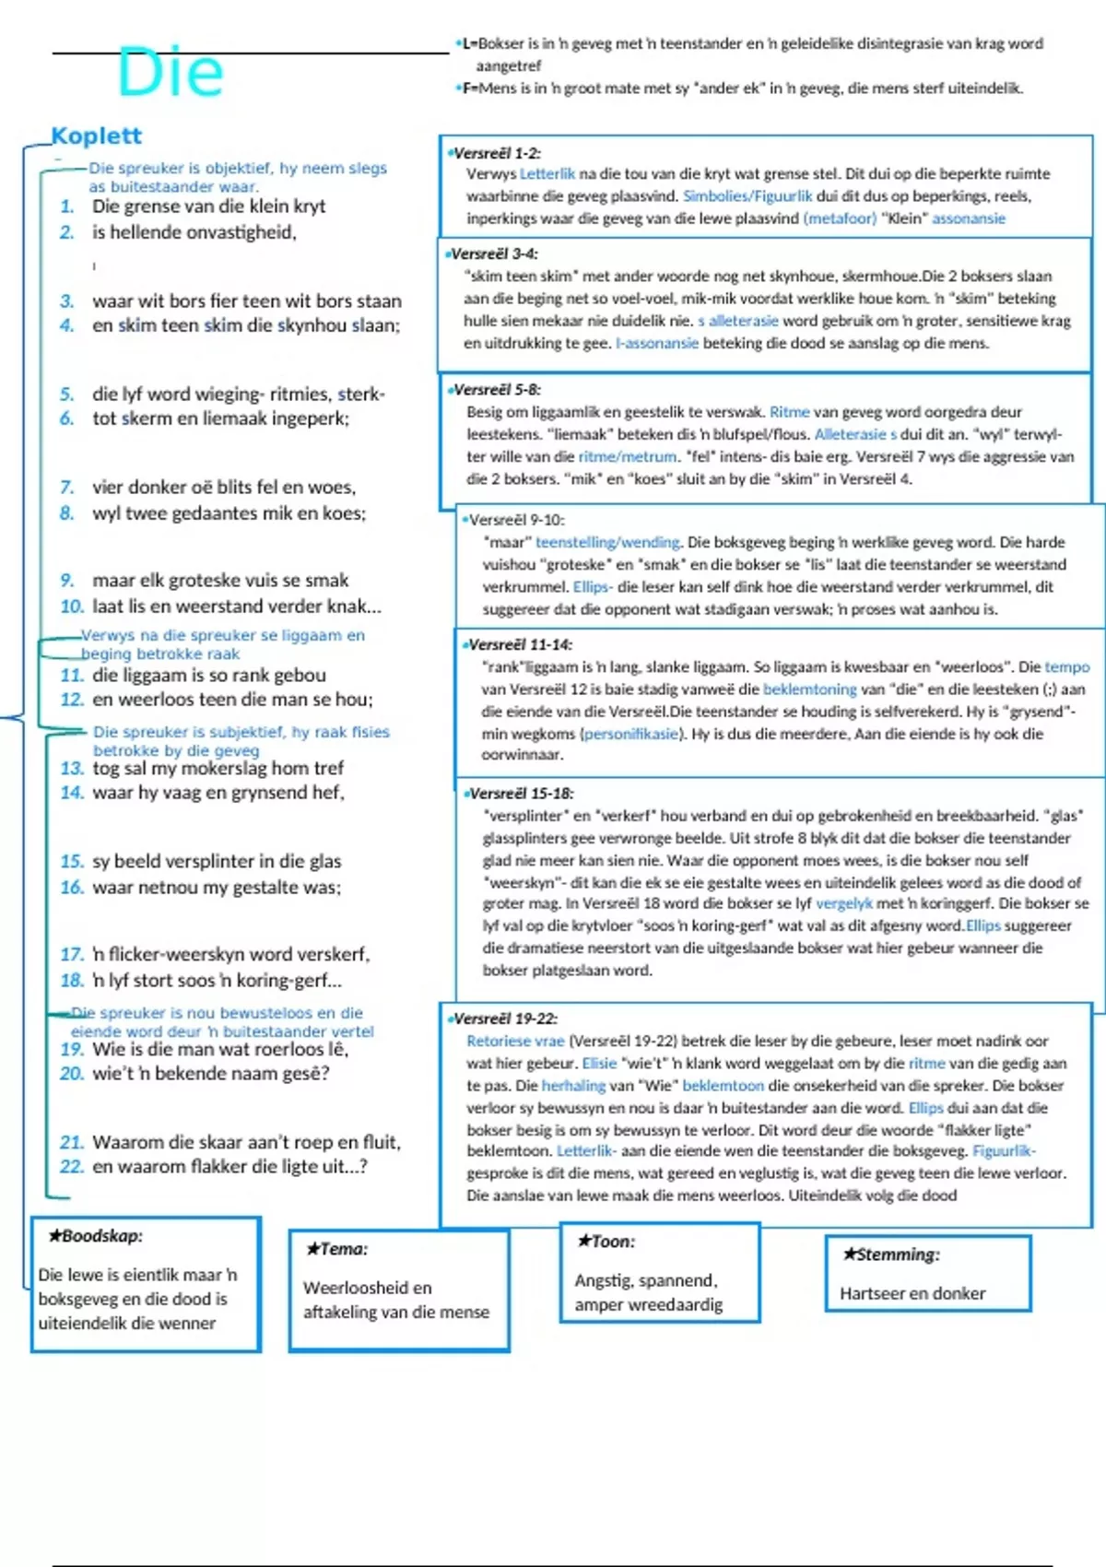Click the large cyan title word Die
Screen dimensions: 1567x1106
(171, 72)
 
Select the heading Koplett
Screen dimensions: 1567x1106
(96, 135)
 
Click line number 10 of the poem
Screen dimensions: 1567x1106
(71, 607)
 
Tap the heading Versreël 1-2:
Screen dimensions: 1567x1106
(495, 153)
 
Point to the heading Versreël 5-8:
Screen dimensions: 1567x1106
(496, 389)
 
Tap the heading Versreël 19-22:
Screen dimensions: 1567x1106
(504, 1019)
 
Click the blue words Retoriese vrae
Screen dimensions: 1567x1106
(515, 1041)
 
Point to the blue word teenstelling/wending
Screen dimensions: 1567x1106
(607, 542)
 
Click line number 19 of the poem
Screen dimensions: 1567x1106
(71, 1049)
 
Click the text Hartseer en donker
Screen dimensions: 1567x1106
(912, 1293)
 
